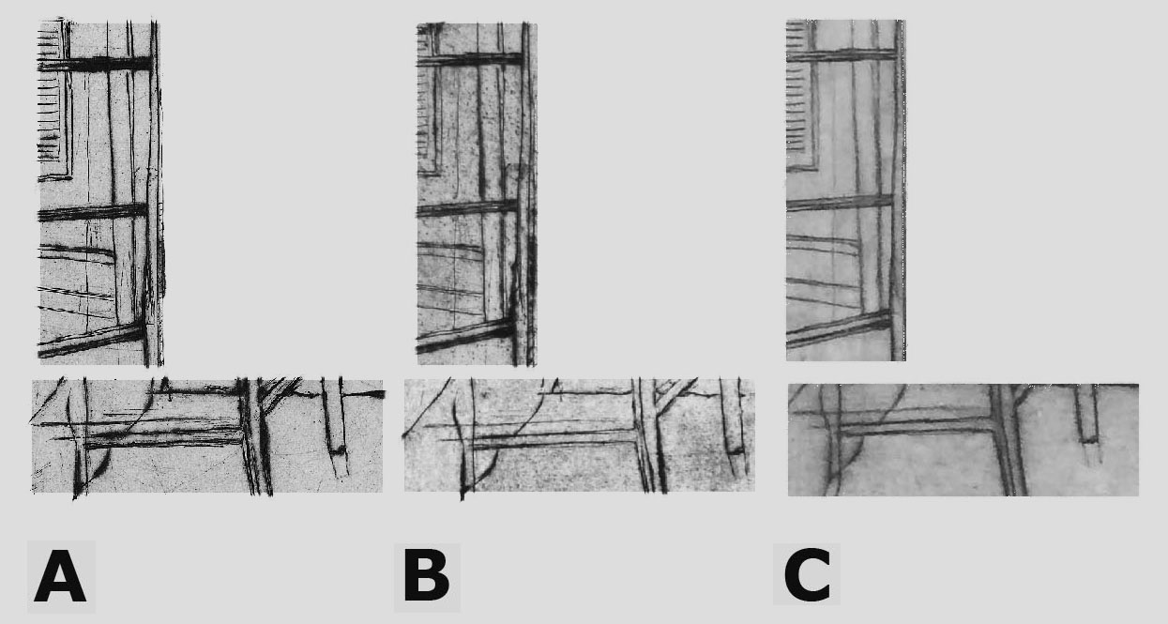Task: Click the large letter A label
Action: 60,577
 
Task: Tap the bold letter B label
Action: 427,576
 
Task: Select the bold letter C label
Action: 807,574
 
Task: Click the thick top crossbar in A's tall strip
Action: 96,64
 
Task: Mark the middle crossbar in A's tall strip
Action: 93,211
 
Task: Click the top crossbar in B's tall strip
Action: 469,59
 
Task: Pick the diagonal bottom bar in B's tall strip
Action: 466,336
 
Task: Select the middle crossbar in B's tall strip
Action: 467,207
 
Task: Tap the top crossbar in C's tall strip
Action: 841,54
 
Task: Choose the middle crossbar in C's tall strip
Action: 840,203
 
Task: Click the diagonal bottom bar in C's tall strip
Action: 839,328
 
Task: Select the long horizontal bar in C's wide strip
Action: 918,428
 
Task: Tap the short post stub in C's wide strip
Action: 1087,415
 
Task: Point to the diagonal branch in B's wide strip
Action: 675,393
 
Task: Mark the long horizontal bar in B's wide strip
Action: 553,439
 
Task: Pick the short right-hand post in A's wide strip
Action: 335,418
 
